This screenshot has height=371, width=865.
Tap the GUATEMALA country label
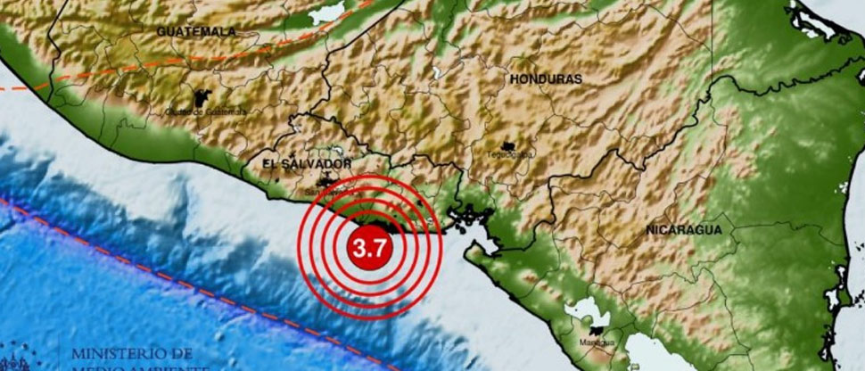(x=196, y=31)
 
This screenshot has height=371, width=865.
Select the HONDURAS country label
(x=546, y=79)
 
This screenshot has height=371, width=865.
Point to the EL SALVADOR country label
(x=308, y=164)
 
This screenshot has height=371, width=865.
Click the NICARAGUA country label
(x=684, y=230)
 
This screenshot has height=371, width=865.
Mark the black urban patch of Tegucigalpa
(x=509, y=144)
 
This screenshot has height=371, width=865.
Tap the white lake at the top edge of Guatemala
(x=326, y=12)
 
